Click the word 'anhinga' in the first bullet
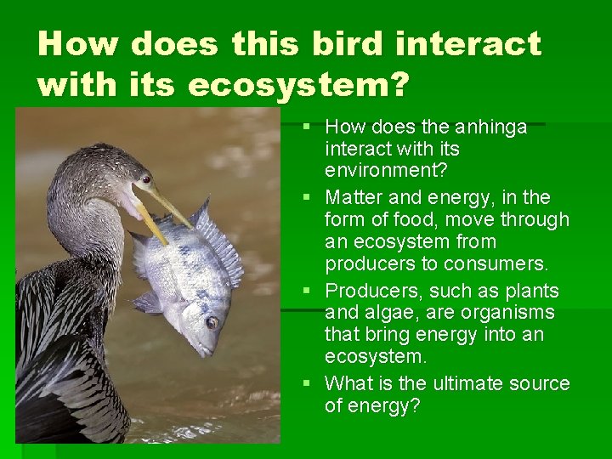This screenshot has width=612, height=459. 491,127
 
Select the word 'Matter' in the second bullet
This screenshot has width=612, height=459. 354,197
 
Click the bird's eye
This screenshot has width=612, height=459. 145,179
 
